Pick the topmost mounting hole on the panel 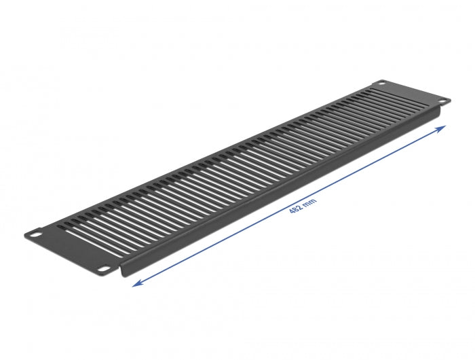click(x=381, y=84)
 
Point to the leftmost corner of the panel click(x=24, y=234)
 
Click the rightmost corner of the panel click(x=450, y=101)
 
